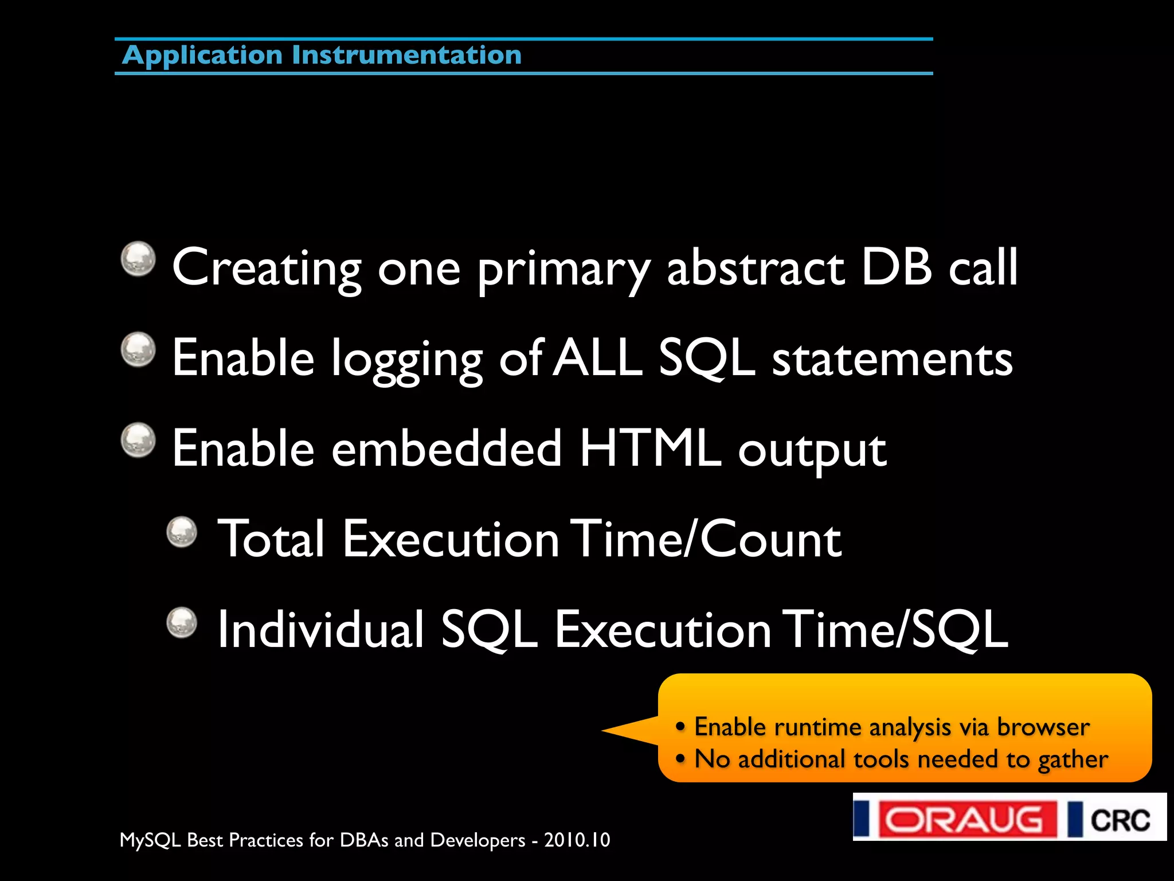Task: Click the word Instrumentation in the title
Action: pyautogui.click(x=406, y=55)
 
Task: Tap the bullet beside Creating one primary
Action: pyautogui.click(x=138, y=258)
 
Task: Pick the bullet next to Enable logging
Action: pyautogui.click(x=138, y=349)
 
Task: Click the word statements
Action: pyautogui.click(x=892, y=359)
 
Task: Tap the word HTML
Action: pyautogui.click(x=649, y=448)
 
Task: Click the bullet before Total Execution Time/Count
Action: pyautogui.click(x=182, y=532)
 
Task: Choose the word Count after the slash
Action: pyautogui.click(x=770, y=539)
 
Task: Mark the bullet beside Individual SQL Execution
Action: pyautogui.click(x=182, y=622)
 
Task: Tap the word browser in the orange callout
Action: pyautogui.click(x=1043, y=727)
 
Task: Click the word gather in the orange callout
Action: pyautogui.click(x=1073, y=760)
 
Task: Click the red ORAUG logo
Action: pyautogui.click(x=967, y=818)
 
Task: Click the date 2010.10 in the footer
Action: pyautogui.click(x=577, y=840)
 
